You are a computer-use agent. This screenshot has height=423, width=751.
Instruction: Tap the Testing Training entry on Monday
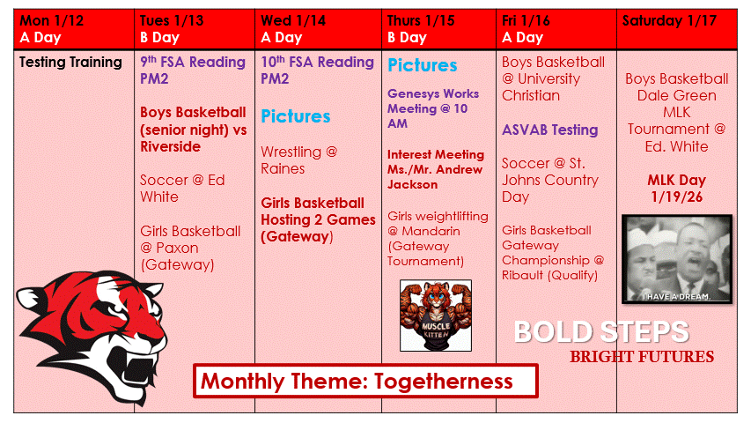[70, 62]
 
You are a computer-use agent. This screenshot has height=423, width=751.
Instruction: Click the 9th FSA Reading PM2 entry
[192, 70]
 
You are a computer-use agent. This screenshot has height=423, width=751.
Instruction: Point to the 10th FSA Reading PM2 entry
[317, 70]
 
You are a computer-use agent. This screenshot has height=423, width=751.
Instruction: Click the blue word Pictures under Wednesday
[295, 116]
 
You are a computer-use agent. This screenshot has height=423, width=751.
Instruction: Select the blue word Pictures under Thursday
[422, 65]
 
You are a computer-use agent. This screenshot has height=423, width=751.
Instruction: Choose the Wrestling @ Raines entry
[298, 160]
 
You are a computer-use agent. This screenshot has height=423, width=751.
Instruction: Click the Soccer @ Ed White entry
[182, 188]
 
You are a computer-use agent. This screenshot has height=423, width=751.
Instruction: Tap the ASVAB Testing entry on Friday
[549, 130]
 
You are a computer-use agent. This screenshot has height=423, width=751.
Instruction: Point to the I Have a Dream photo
[675, 260]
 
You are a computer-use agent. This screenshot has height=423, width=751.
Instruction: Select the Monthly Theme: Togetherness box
[365, 381]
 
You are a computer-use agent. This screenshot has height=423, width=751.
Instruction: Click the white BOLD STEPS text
[600, 331]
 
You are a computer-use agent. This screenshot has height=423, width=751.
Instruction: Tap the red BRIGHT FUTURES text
[641, 357]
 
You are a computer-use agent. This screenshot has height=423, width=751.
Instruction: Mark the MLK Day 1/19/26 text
[675, 188]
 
